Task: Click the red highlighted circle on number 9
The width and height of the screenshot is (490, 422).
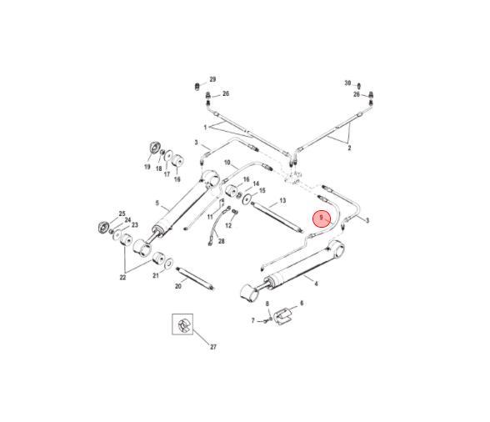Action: [322, 219]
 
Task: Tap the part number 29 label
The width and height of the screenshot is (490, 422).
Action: [212, 79]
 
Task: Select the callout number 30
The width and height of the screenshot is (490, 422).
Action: [347, 83]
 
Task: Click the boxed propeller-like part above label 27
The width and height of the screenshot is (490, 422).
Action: [182, 324]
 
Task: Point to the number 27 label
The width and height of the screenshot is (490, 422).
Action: [213, 347]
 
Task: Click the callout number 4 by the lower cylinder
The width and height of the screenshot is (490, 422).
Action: [317, 284]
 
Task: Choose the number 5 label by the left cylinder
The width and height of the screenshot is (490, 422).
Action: [157, 203]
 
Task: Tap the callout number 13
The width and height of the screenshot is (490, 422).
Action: [282, 200]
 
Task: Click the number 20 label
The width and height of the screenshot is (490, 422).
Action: [178, 286]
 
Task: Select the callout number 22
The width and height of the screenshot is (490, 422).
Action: [122, 278]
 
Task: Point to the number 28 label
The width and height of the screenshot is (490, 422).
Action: [222, 241]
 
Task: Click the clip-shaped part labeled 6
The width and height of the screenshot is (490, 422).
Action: [282, 316]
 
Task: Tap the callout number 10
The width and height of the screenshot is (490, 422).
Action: [227, 163]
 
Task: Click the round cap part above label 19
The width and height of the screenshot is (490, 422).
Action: [155, 148]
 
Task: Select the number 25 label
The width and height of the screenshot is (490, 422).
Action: [122, 214]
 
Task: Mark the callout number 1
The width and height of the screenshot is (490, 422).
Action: [205, 128]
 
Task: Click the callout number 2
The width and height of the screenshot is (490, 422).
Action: [349, 148]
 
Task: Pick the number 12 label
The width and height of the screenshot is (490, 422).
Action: [228, 225]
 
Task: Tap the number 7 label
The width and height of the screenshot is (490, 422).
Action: [253, 320]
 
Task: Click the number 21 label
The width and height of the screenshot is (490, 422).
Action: [156, 275]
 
